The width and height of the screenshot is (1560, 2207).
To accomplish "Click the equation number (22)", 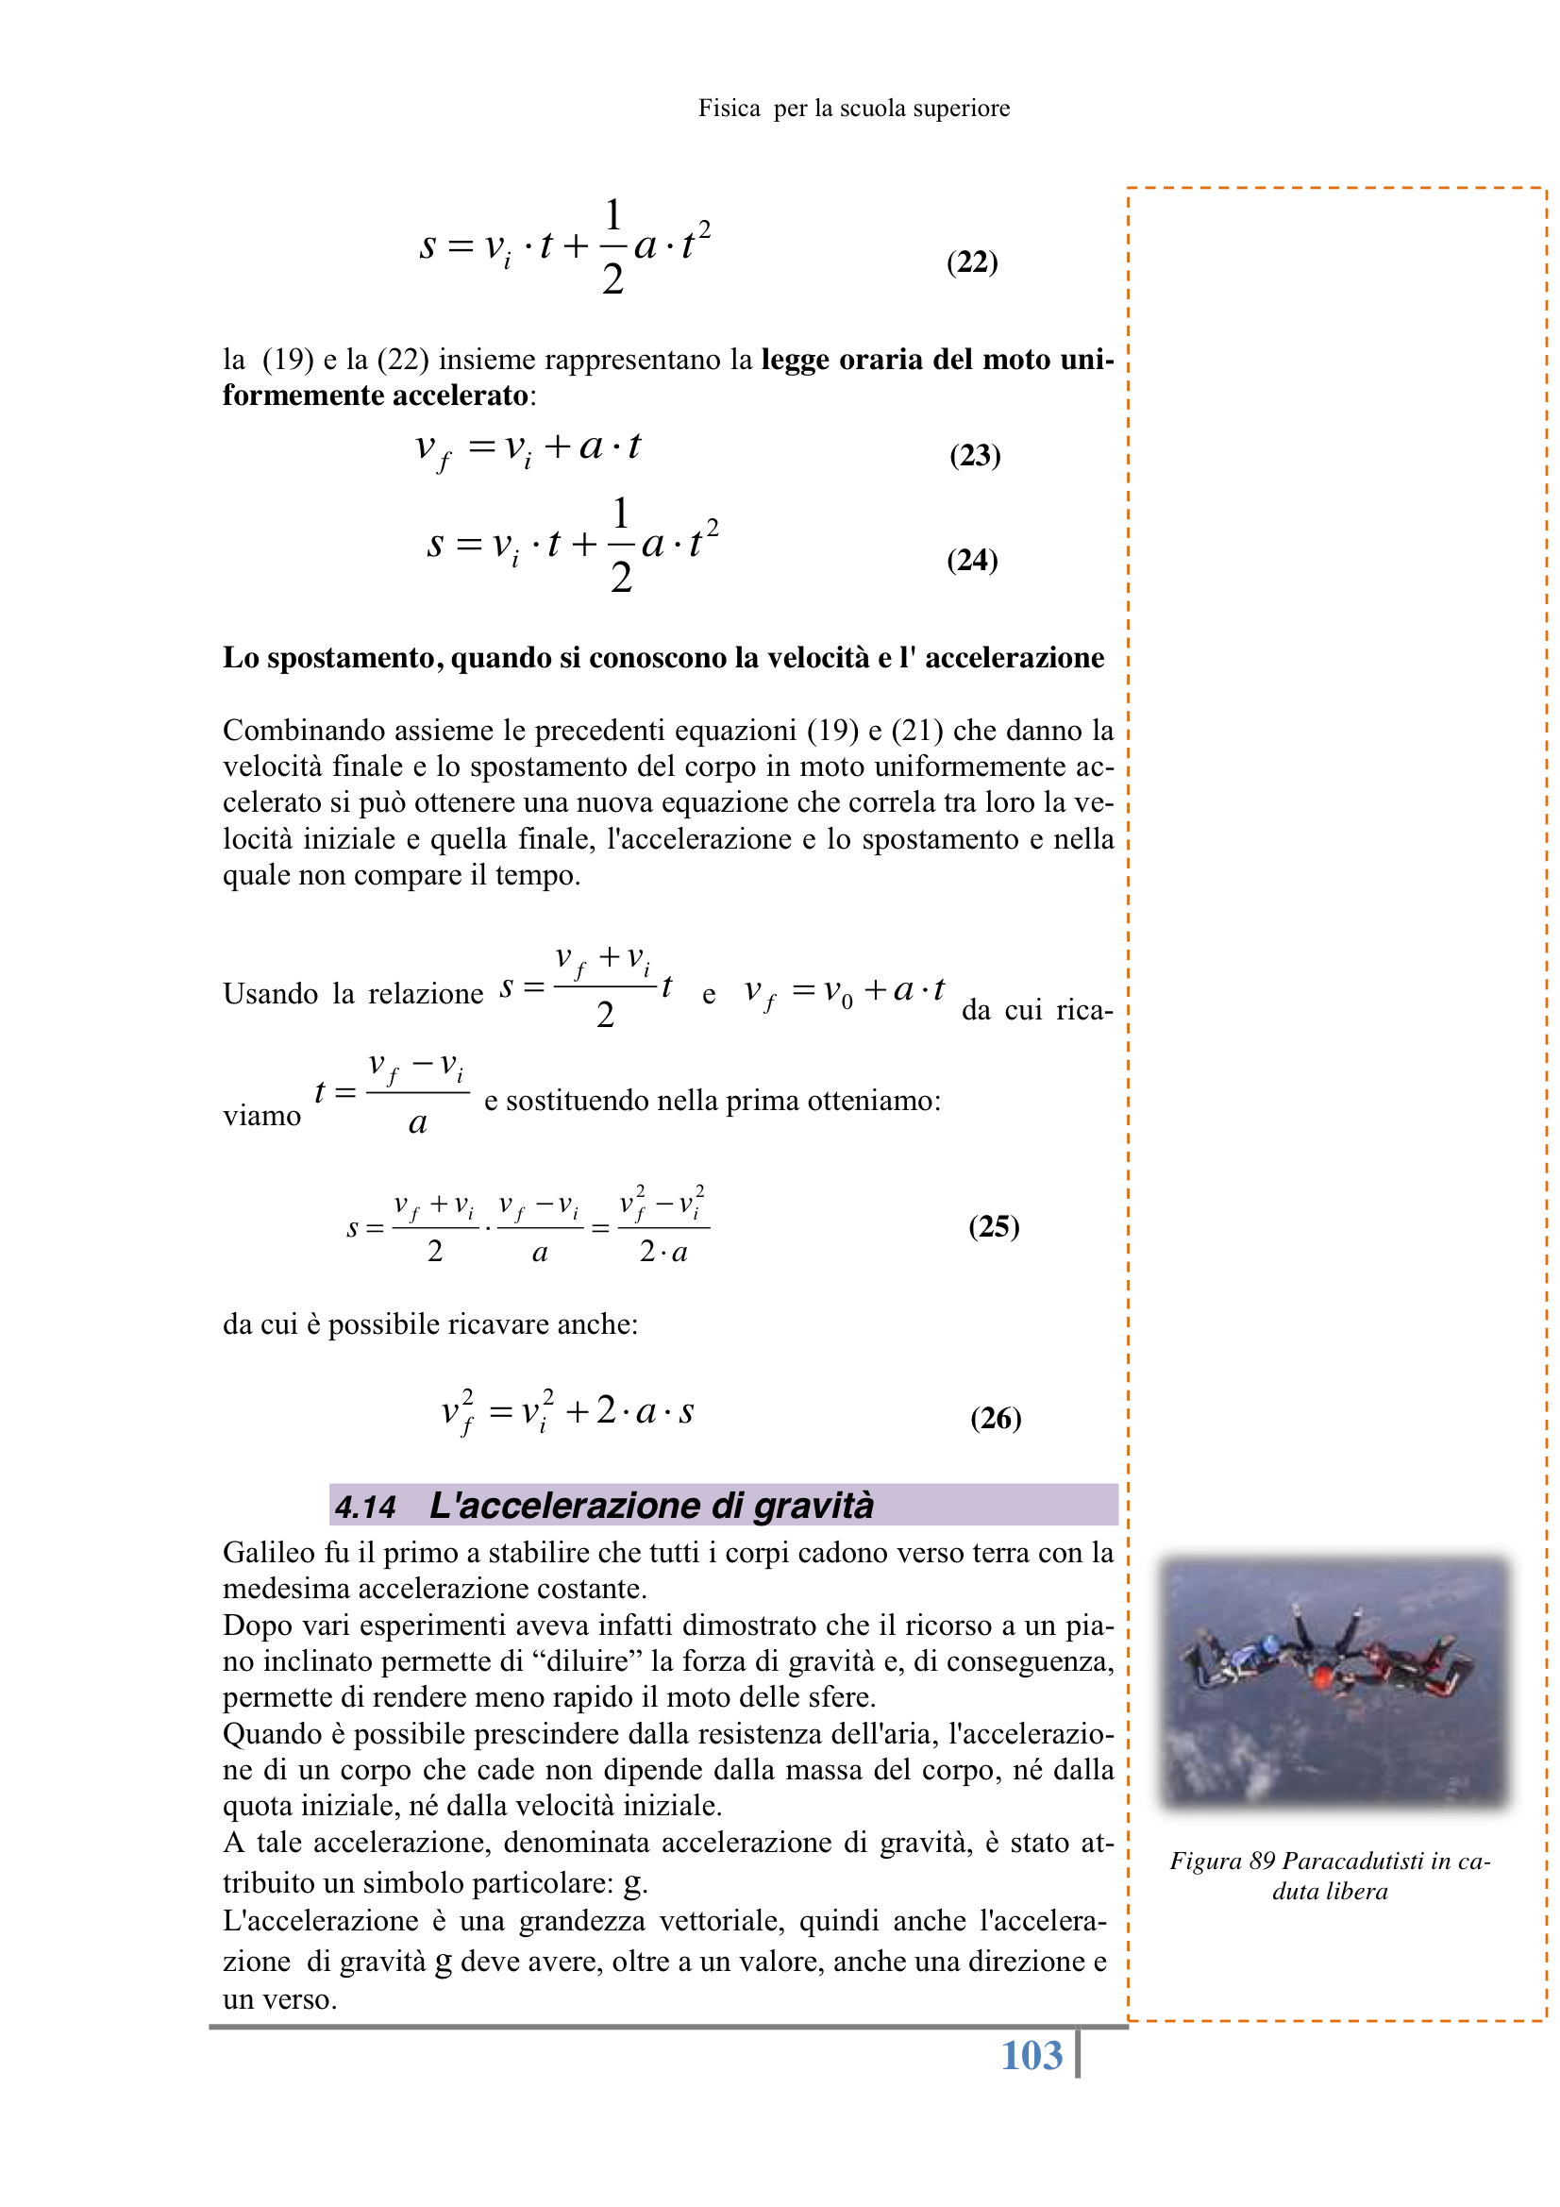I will click(972, 261).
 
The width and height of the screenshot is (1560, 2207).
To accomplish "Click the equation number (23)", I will click(975, 455).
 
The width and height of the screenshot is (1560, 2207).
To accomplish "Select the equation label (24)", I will click(972, 560).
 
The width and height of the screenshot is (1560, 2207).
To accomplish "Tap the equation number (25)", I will click(993, 1225).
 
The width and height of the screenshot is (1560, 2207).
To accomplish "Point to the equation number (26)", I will click(995, 1418).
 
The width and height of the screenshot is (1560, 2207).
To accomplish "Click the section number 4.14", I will click(365, 1507).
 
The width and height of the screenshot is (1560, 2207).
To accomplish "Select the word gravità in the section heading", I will click(814, 1506).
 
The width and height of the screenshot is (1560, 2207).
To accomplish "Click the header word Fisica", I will click(730, 109).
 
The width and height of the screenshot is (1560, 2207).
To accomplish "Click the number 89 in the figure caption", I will click(1262, 1861).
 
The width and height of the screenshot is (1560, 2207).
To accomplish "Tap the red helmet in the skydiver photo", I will click(1321, 1677).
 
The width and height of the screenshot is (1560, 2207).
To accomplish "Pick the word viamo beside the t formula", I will click(261, 1115).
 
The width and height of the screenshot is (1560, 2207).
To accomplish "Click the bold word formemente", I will click(291, 396).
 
